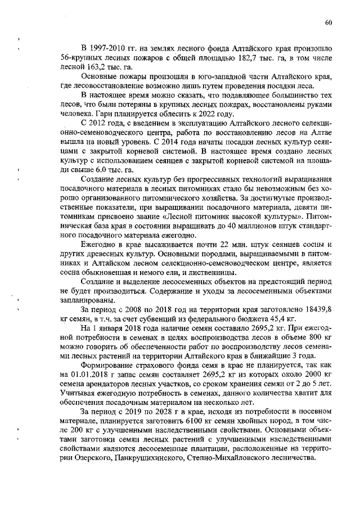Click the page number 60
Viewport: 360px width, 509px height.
[x=328, y=22]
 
